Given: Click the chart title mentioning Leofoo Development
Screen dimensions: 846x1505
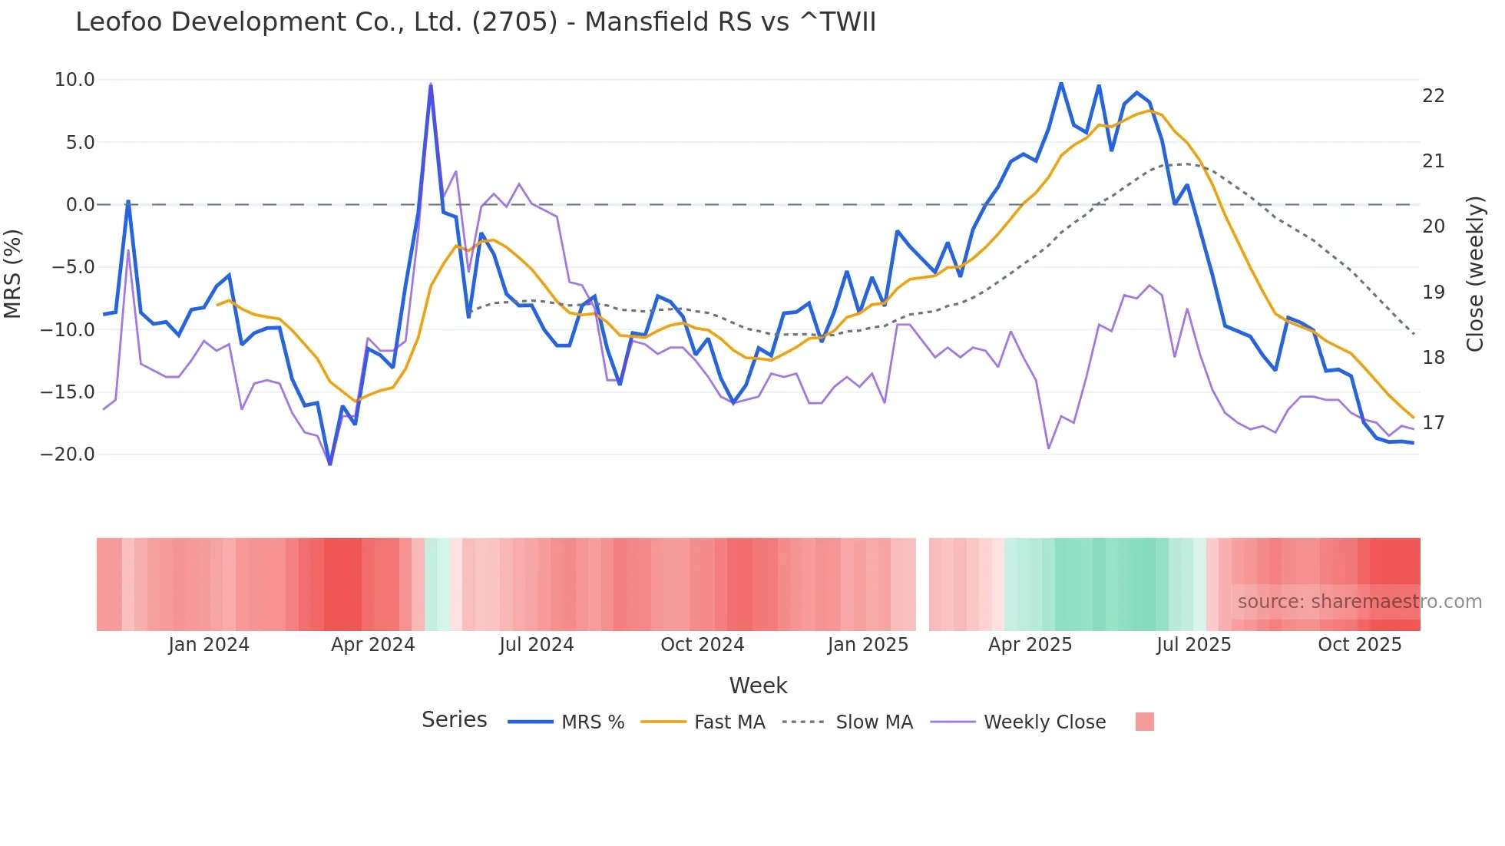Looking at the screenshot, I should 475,22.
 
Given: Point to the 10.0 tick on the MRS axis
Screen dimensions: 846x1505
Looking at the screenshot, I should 74,80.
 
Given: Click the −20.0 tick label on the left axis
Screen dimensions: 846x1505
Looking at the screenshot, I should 68,454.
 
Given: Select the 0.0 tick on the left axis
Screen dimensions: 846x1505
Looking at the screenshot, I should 80,205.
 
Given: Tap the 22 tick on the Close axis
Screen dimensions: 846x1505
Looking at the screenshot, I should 1433,96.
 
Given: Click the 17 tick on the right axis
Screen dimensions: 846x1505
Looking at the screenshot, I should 1433,423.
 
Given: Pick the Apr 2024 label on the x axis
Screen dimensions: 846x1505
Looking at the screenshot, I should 372,645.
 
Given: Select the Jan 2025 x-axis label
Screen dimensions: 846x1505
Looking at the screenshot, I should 868,645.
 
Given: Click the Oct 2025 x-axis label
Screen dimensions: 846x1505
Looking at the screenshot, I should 1359,645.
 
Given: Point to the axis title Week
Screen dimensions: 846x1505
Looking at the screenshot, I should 758,686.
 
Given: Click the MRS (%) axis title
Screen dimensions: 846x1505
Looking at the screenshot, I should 13,273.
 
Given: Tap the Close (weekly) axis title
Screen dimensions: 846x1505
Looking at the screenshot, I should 1474,274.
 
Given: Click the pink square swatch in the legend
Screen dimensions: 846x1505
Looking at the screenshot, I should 1144,722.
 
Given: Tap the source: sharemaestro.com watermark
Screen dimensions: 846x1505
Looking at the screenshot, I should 1359,602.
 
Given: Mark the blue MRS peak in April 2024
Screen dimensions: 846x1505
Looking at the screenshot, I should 431,87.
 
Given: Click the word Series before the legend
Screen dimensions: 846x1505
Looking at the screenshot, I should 454,720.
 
